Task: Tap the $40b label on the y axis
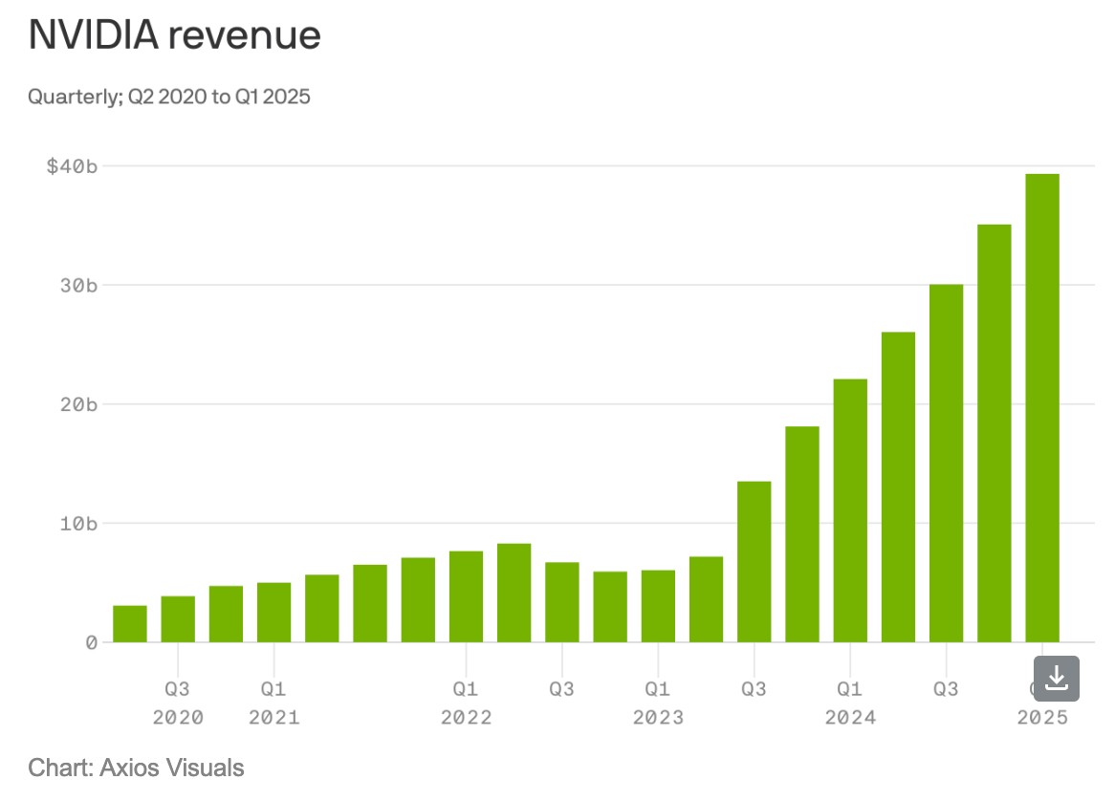coord(72,166)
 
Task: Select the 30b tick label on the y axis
coord(78,285)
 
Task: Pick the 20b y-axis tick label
coord(78,404)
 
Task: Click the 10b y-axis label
coord(78,523)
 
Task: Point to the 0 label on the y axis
coord(92,642)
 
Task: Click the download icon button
coord(1056,679)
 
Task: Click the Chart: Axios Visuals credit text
coord(136,767)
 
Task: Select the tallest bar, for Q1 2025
coord(1042,408)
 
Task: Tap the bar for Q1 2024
coord(850,510)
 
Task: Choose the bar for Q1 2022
coord(466,596)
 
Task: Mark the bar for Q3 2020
coord(178,619)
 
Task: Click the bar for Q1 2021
coord(273,613)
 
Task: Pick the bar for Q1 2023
coord(658,606)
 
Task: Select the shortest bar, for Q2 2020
coord(130,624)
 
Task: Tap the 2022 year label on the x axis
coord(466,717)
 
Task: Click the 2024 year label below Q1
coord(850,717)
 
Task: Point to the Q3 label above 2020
coord(178,688)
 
